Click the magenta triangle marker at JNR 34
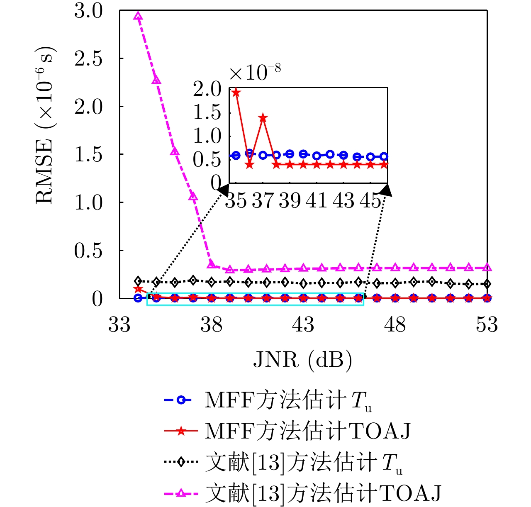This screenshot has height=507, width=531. [138, 16]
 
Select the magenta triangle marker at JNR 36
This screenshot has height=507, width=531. [175, 151]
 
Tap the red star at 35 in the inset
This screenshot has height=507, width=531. [236, 93]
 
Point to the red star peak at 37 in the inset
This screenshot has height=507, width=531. [263, 118]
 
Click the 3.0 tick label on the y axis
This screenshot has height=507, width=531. [88, 11]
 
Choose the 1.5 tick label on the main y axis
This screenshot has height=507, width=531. [88, 154]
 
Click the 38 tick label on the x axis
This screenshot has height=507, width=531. [212, 324]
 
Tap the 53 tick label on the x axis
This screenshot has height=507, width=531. [487, 324]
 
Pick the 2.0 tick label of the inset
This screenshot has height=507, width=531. [208, 89]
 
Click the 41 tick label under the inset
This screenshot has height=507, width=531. [317, 201]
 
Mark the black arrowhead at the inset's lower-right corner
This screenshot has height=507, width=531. [386, 190]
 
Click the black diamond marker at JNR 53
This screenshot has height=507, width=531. [487, 284]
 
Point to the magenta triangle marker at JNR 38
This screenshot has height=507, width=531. [211, 264]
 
